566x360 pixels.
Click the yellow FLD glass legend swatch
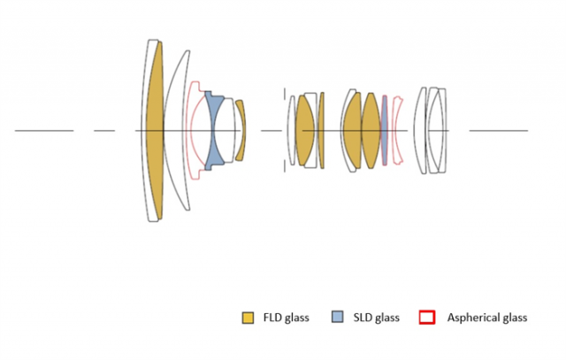coord(248,318)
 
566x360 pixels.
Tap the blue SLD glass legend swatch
coord(337,317)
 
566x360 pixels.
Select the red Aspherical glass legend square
coord(427,317)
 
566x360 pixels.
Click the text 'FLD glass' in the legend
coord(286,318)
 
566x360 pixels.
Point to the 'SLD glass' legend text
coord(376,318)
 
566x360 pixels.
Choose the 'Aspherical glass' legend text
coord(487,318)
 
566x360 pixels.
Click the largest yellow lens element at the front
coord(155,130)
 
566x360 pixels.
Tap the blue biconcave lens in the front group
coord(214,131)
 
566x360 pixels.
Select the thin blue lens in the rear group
coord(384,130)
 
